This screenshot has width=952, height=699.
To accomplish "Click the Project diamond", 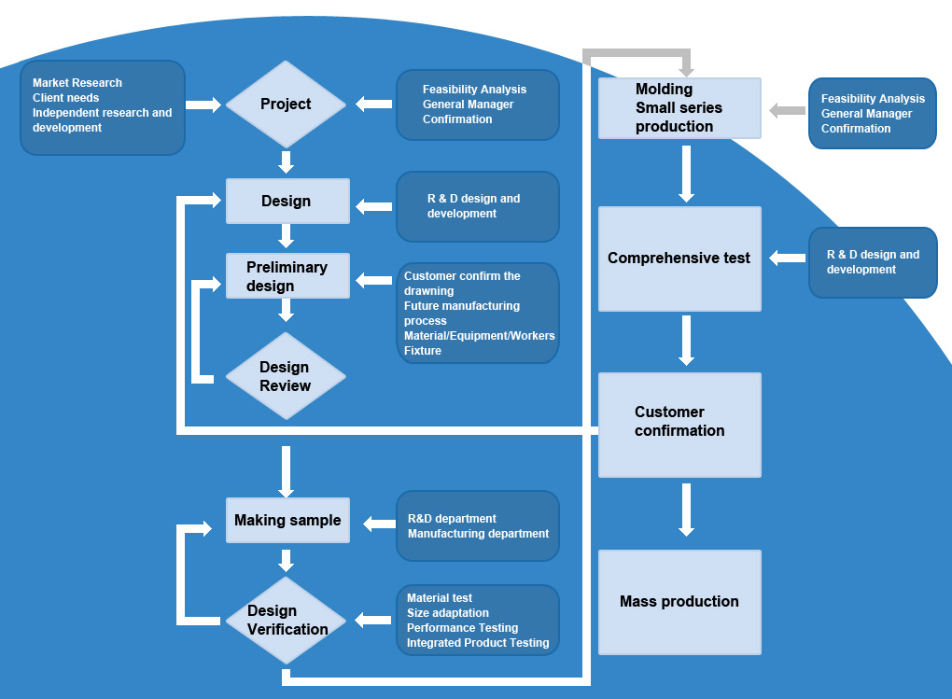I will (x=286, y=105).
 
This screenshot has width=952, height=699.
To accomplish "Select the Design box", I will (x=287, y=201).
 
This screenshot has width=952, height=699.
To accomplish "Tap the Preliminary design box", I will (x=287, y=275).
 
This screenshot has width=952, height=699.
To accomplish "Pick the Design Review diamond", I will (x=286, y=376).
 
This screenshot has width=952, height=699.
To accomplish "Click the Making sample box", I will (x=287, y=520).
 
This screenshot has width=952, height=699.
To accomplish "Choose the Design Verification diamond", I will (x=287, y=620).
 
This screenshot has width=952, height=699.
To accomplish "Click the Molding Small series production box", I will (x=679, y=108).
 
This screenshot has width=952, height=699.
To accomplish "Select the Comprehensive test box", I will (x=679, y=259).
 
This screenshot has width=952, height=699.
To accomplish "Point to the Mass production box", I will (x=679, y=602).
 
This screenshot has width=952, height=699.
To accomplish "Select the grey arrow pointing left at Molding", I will (x=786, y=111).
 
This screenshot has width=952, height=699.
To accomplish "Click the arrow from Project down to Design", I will (x=287, y=161).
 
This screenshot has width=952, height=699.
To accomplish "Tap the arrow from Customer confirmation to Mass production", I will (x=686, y=510).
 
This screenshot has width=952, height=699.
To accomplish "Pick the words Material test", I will (x=440, y=598).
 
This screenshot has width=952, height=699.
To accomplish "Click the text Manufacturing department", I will (x=478, y=534).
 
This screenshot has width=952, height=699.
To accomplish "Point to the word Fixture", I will (x=423, y=351).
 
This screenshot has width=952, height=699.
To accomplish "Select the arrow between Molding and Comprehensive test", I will (x=686, y=174).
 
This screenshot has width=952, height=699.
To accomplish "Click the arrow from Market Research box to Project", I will (x=203, y=105).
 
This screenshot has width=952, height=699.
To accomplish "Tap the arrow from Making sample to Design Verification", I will (x=287, y=560).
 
